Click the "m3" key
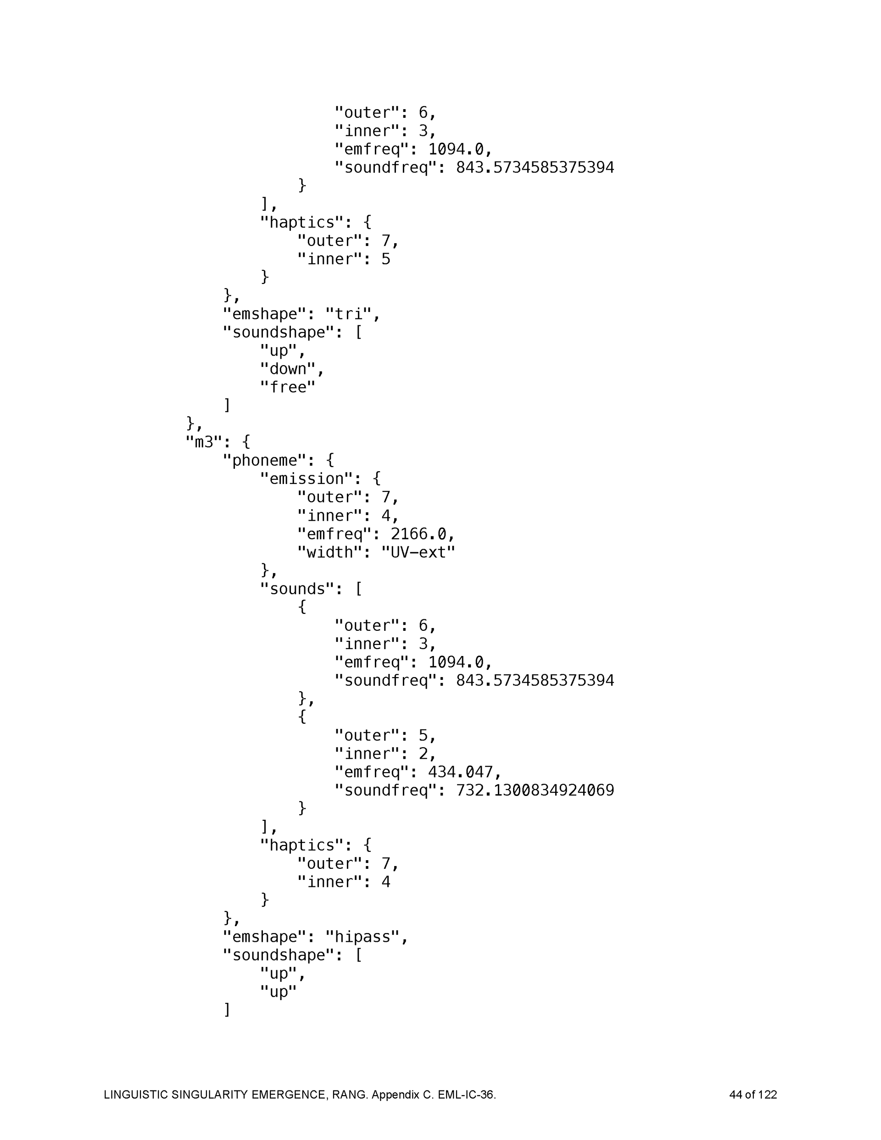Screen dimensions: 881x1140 pos(204,442)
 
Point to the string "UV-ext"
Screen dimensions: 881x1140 pos(418,552)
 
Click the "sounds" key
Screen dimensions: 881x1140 pos(296,589)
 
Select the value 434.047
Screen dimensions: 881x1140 pos(460,772)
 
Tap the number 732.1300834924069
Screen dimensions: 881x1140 pos(535,790)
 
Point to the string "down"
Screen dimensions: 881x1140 pos(288,369)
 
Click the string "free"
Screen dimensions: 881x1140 pos(288,387)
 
